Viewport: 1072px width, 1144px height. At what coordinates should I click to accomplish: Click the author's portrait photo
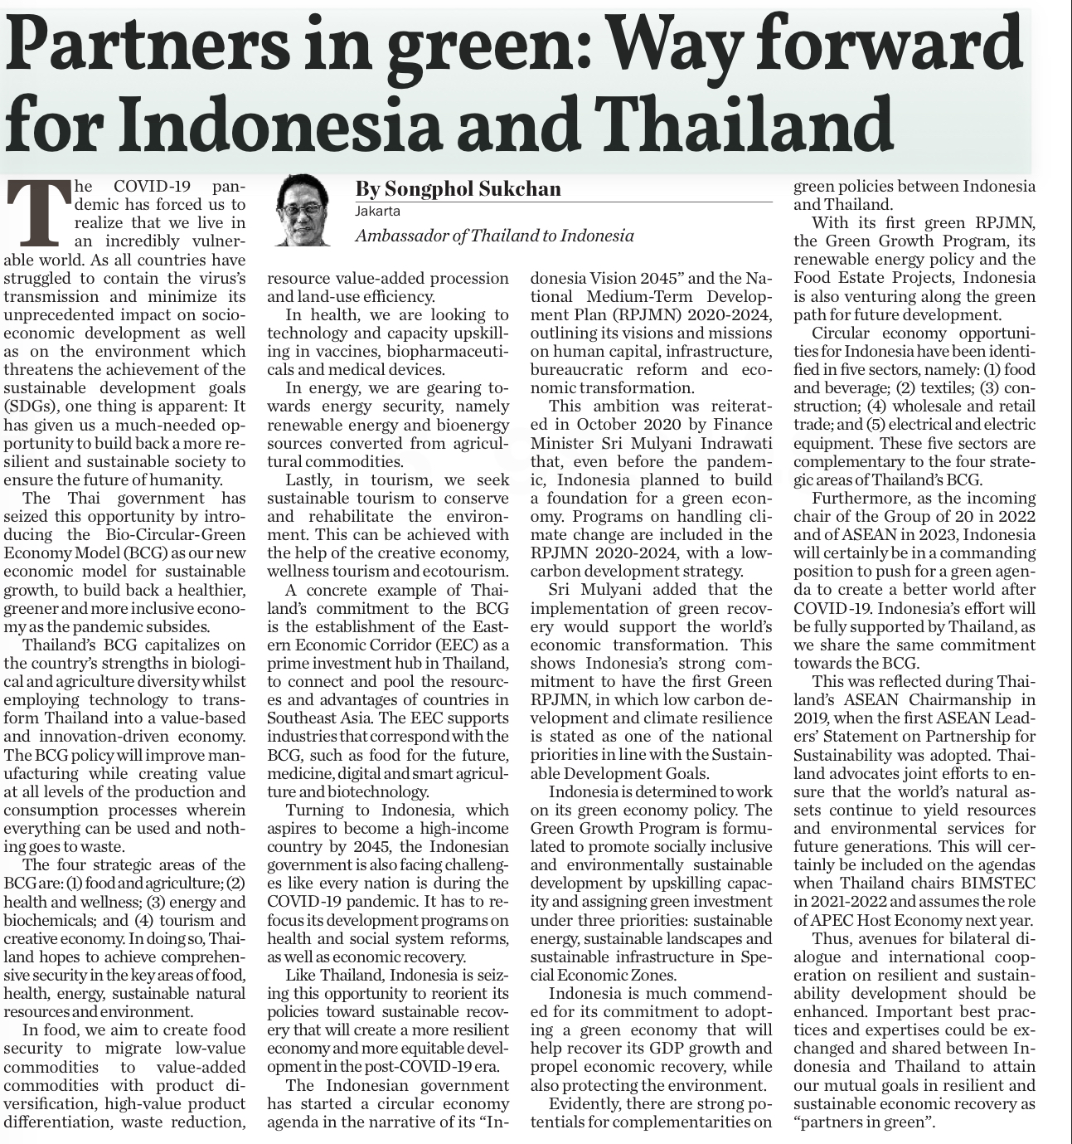[302, 210]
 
